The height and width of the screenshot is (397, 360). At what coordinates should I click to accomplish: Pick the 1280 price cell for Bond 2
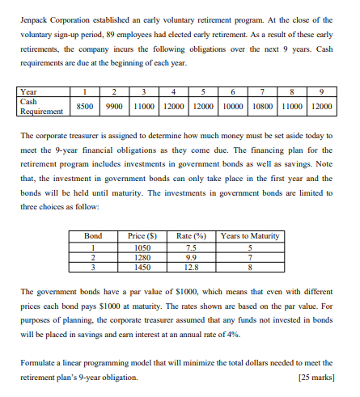(x=141, y=234)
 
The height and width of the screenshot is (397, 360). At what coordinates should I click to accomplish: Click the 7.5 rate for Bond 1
(x=191, y=224)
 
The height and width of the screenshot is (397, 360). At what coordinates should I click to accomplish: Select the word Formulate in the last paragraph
(x=40, y=364)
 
